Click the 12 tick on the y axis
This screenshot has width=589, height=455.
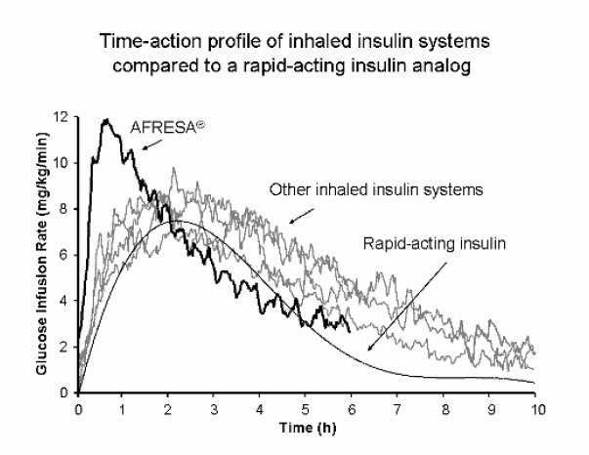pyautogui.click(x=63, y=117)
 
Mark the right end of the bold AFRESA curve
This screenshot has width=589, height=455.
pyautogui.click(x=350, y=330)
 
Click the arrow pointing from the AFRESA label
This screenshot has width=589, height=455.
pyautogui.click(x=149, y=143)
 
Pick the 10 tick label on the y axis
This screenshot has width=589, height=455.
pyautogui.click(x=63, y=163)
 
